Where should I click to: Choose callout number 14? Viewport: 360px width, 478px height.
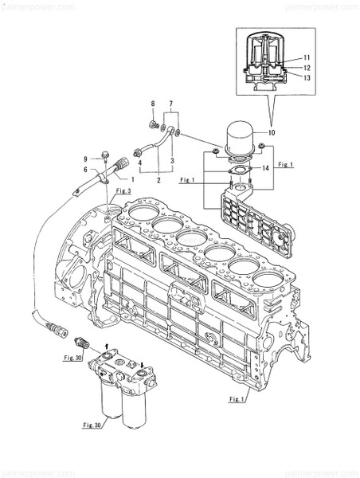[266, 169]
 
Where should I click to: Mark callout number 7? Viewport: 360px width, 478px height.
[170, 104]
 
